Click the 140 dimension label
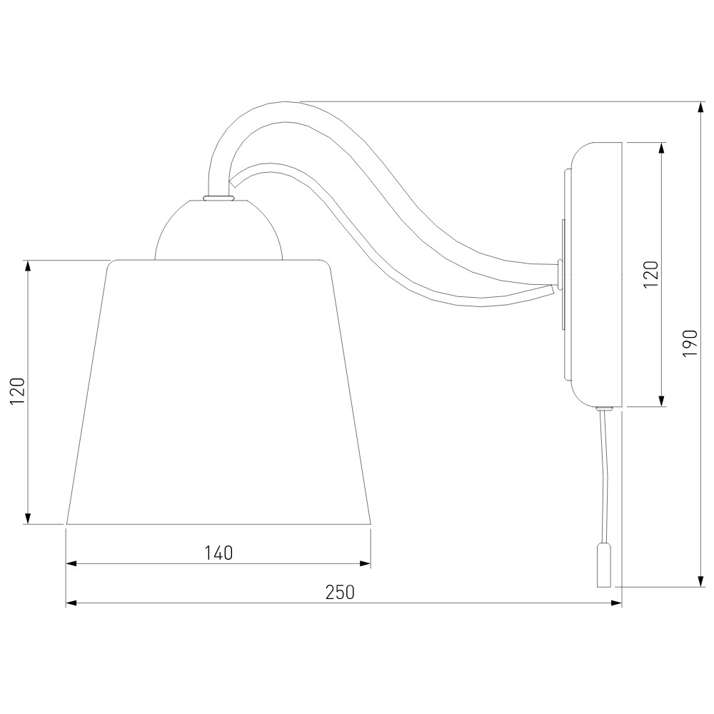[x=218, y=553]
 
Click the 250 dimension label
[x=340, y=592]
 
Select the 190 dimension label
[x=690, y=343]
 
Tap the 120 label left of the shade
[x=18, y=391]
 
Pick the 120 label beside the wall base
[x=651, y=273]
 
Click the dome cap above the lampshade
[x=218, y=229]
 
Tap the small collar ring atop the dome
[x=218, y=198]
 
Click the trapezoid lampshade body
[x=218, y=392]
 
